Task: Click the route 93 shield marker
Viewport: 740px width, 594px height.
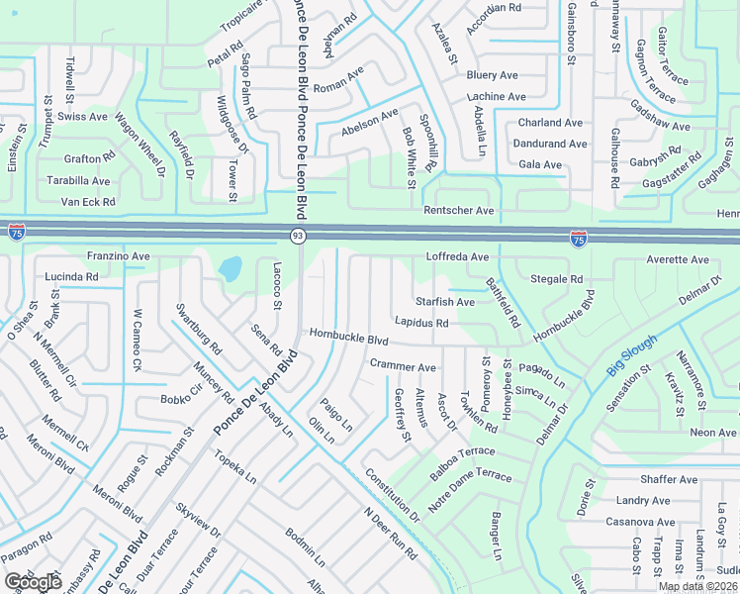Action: pos(297,236)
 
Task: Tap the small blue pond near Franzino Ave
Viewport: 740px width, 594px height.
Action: pos(230,268)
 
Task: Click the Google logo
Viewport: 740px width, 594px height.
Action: pos(33,582)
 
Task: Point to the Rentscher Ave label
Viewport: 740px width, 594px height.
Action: pos(458,211)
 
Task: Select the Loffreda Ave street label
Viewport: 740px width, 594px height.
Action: pos(457,257)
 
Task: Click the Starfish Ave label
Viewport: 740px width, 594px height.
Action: pos(445,302)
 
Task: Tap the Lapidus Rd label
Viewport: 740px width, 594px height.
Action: pos(421,323)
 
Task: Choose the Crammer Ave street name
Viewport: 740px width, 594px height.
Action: pos(403,366)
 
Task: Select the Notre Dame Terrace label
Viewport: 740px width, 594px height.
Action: pos(471,490)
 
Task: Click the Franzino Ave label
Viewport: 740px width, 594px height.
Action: pos(118,256)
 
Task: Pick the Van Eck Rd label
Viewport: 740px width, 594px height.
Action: pos(88,202)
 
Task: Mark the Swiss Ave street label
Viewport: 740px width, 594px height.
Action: pos(83,117)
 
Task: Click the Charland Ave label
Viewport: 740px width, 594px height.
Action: pos(553,124)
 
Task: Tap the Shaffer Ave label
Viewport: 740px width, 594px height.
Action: pos(668,480)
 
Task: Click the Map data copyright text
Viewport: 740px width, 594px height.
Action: pos(695,586)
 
